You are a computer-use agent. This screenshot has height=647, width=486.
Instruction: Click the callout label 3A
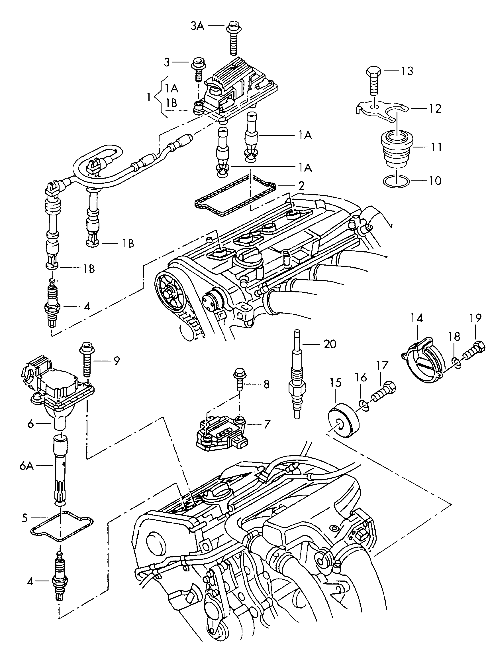[x=197, y=26]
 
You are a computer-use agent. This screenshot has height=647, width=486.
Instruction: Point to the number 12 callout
[x=434, y=108]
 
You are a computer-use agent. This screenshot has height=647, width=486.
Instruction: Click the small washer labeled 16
[x=363, y=405]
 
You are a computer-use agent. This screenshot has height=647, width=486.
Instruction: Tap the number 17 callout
[x=382, y=366]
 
